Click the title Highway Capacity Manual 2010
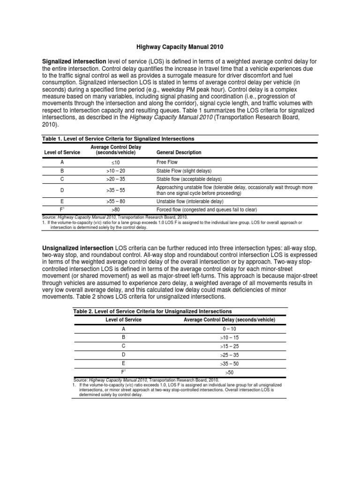[x=180, y=47]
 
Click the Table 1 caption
[x=118, y=139]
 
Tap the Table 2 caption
[x=152, y=311]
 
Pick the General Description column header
[x=179, y=152]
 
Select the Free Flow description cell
[x=167, y=162]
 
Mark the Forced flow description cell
[x=206, y=210]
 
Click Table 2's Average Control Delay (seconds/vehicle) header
[x=229, y=320]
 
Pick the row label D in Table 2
[x=124, y=355]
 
